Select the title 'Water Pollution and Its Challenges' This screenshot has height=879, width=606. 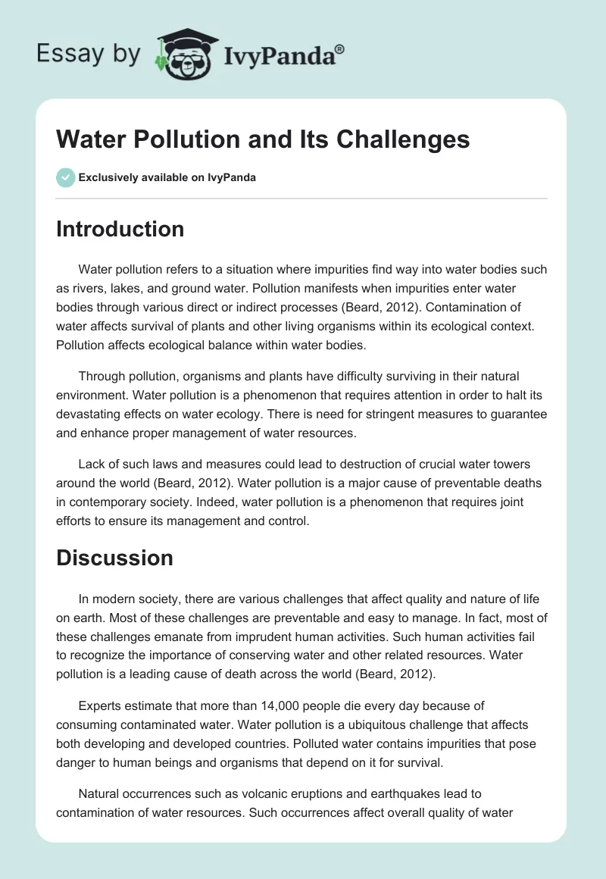pos(263,140)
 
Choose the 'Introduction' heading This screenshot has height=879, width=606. pos(120,230)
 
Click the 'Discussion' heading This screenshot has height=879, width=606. pos(114,558)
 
